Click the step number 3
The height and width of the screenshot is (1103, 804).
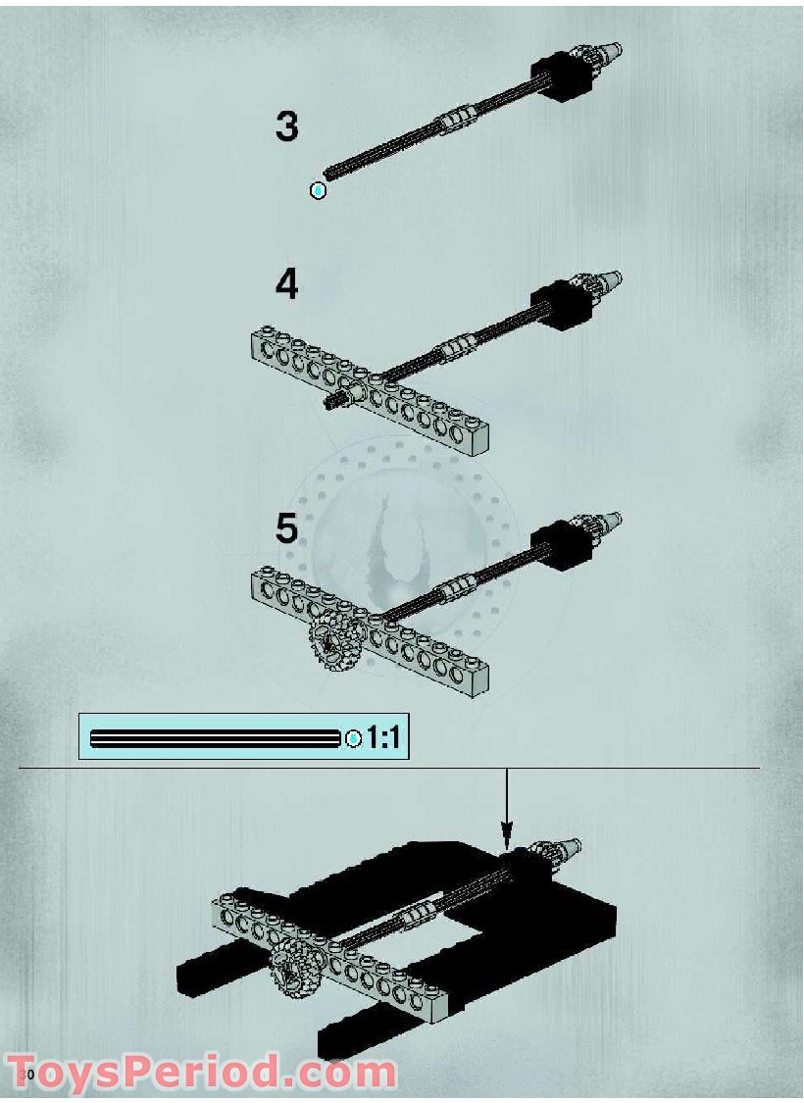[286, 127]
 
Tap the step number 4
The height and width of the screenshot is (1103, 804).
[286, 285]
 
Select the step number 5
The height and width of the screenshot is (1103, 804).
[286, 528]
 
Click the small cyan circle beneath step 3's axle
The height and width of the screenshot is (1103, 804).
[318, 190]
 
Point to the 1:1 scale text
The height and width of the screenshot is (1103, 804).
[382, 738]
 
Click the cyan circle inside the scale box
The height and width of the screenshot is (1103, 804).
[354, 738]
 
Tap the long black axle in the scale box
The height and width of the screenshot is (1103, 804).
[216, 738]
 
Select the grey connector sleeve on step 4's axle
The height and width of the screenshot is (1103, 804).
[457, 346]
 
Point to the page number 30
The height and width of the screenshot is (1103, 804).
[28, 1075]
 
